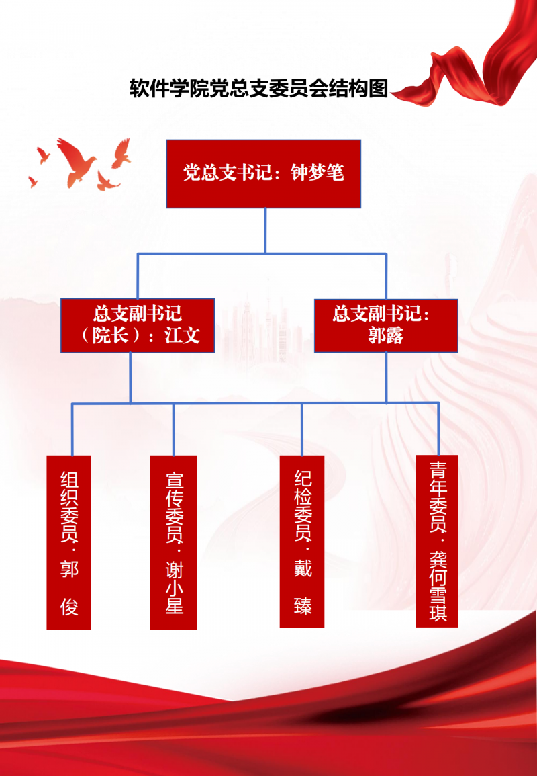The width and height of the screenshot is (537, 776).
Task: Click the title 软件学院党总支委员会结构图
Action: pos(258,89)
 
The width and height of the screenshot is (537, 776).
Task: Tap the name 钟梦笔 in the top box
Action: pos(318,173)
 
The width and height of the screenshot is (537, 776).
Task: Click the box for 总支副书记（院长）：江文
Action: pos(138,325)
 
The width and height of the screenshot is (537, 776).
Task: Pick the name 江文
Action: pos(183,335)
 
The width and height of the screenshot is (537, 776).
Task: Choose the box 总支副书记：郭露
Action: pos(386,325)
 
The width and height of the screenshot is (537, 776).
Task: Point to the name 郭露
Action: pos(386,336)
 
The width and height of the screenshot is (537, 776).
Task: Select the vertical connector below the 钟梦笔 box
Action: pos(265,230)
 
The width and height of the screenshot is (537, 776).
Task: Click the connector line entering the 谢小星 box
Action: pos(173,430)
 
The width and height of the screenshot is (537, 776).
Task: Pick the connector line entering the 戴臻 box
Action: pos(302,430)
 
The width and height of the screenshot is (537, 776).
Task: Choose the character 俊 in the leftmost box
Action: pos(69,607)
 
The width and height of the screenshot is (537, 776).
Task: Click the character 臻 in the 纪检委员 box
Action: pos(302,605)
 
